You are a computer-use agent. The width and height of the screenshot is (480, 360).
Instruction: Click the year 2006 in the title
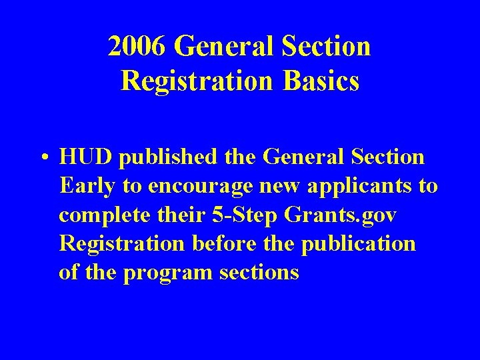138,47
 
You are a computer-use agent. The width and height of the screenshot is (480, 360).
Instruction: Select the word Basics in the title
321,81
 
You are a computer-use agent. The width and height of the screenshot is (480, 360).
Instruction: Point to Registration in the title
197,81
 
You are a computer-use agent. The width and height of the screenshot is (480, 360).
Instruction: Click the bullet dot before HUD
43,159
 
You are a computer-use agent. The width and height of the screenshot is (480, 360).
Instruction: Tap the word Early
87,186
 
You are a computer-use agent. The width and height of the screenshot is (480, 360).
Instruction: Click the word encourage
199,186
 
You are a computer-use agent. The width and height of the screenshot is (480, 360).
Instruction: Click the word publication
359,244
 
